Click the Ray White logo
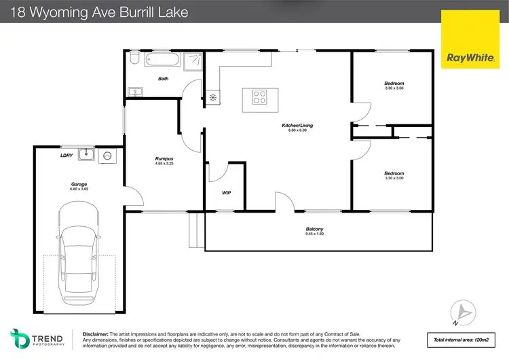[469, 57]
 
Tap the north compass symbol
[464, 312]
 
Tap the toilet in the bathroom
[134, 60]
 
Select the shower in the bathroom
[193, 60]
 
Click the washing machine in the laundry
[107, 156]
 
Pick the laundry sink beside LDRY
[86, 156]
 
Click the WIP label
[227, 193]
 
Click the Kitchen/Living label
[297, 126]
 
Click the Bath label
[163, 79]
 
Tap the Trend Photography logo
[37, 338]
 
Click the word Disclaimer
[96, 334]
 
